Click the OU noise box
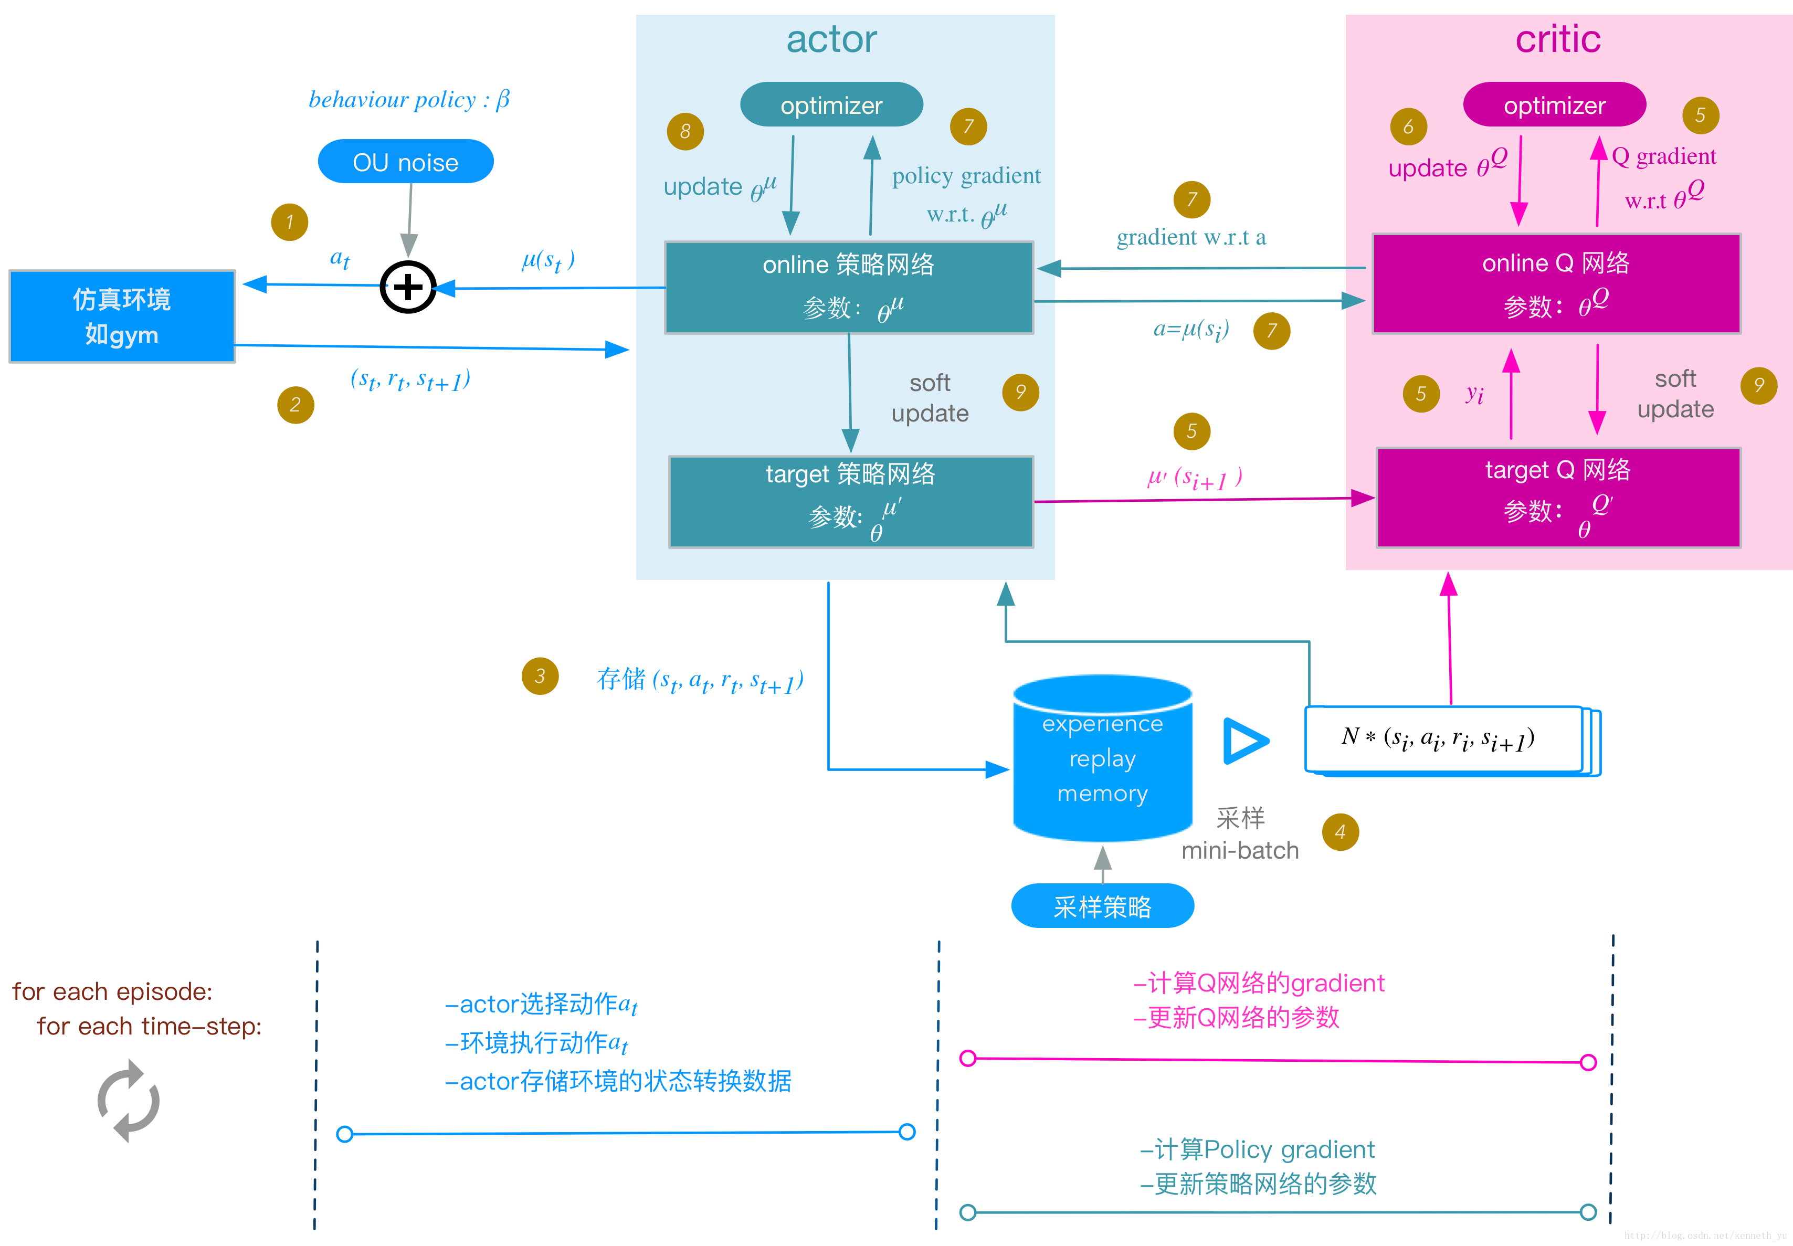pos(405,162)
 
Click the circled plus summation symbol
pos(407,287)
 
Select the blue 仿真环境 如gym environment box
pos(122,316)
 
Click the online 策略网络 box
pos(849,287)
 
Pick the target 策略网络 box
pos(851,501)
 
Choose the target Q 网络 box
pos(1558,498)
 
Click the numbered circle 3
pos(540,676)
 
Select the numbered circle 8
pos(684,131)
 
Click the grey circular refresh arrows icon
pos(128,1101)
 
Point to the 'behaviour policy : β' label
pos(408,100)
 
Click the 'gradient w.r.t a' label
pos(1190,237)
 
